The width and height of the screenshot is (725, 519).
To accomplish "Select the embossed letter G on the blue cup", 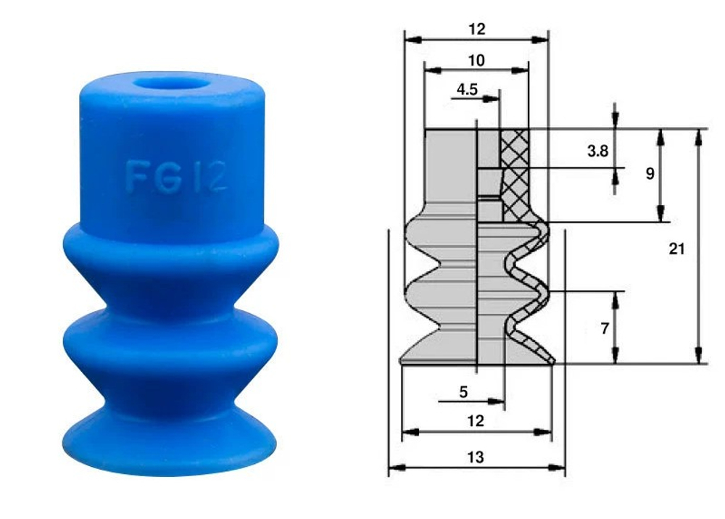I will pyautogui.click(x=169, y=177).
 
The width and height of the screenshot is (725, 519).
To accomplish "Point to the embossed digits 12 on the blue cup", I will pyautogui.click(x=209, y=177).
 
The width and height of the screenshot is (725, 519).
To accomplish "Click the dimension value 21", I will pyautogui.click(x=676, y=249).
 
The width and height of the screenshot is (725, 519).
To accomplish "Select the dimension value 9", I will pyautogui.click(x=650, y=174).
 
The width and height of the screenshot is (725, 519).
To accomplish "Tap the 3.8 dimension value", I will pyautogui.click(x=596, y=151).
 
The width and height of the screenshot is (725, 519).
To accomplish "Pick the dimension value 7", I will pyautogui.click(x=605, y=328).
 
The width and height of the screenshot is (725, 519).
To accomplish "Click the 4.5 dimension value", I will pyautogui.click(x=467, y=90).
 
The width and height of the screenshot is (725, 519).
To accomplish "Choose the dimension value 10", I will pyautogui.click(x=476, y=60).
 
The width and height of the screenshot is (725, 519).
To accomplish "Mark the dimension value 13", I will pyautogui.click(x=476, y=457).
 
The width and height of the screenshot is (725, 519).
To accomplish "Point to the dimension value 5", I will pyautogui.click(x=464, y=392).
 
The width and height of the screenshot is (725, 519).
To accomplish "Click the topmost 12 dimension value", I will pyautogui.click(x=476, y=29).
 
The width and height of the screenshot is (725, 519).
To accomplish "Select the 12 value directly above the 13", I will pyautogui.click(x=476, y=420).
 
